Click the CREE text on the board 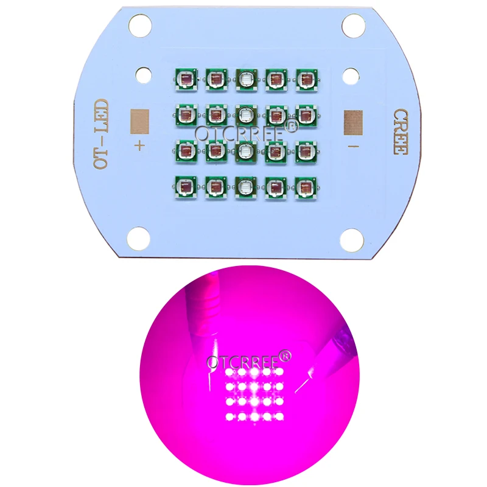(401, 131)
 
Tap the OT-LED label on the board (102, 134)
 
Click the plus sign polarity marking (140, 145)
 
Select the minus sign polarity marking (353, 147)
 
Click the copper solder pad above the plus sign (140, 121)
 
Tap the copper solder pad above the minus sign (353, 123)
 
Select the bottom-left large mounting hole (139, 239)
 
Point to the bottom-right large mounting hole (352, 240)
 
